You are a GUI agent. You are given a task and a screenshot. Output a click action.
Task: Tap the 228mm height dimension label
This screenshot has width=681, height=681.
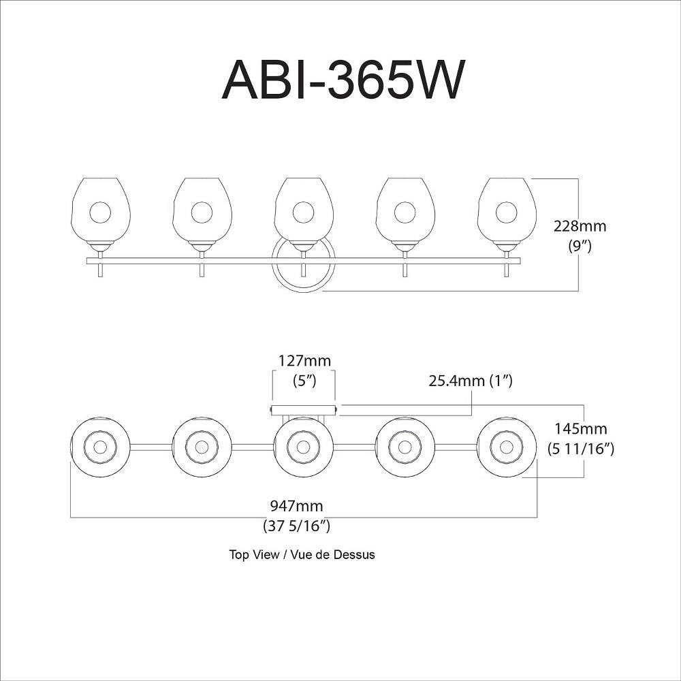580,226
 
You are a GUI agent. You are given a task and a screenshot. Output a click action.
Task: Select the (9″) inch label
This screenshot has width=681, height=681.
580,247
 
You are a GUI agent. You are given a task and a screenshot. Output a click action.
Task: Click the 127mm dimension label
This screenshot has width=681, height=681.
304,361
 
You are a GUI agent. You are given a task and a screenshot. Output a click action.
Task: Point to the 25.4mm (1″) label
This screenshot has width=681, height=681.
471,381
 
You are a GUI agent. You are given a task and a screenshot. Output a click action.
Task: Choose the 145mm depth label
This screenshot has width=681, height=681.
581,428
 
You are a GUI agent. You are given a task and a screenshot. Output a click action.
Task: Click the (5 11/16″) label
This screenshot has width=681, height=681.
581,449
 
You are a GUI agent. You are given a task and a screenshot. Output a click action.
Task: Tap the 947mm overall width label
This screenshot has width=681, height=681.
297,506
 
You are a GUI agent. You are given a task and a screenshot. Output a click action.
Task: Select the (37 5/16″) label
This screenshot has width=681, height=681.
297,526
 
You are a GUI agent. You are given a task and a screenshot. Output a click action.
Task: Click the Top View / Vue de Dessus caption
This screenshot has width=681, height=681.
302,554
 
